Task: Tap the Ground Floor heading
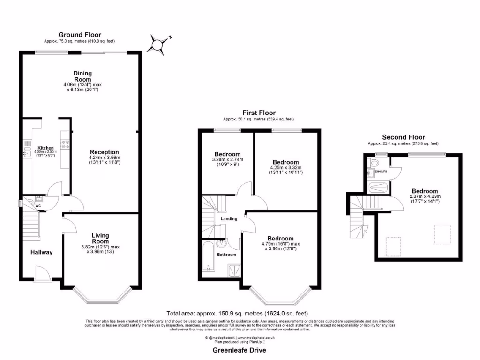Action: tap(79, 35)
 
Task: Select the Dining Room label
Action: tap(82, 76)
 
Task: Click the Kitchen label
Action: tap(46, 148)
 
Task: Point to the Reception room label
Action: tap(105, 152)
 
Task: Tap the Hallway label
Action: tap(42, 252)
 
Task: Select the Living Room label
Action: tap(100, 238)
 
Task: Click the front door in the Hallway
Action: tap(43, 280)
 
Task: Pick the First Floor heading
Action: tap(259, 112)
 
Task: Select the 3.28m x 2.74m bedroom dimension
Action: tap(227, 160)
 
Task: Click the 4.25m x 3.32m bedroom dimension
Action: tap(286, 167)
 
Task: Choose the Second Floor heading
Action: tap(403, 137)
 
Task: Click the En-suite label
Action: tap(381, 172)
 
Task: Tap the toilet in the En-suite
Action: tap(373, 162)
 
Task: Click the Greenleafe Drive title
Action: tap(240, 350)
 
